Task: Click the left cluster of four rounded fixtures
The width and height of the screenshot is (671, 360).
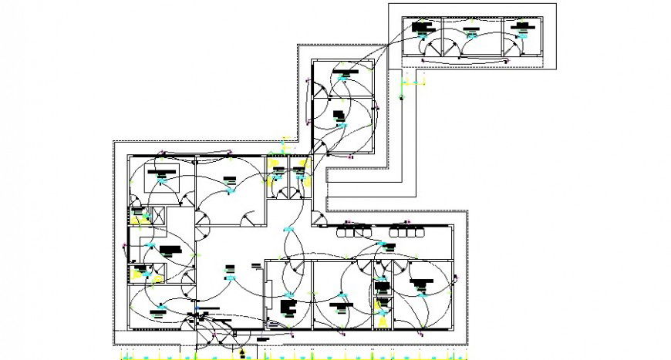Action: click(355, 230)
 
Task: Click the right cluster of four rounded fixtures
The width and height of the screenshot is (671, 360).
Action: click(407, 230)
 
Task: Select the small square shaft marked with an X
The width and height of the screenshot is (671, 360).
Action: click(160, 217)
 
